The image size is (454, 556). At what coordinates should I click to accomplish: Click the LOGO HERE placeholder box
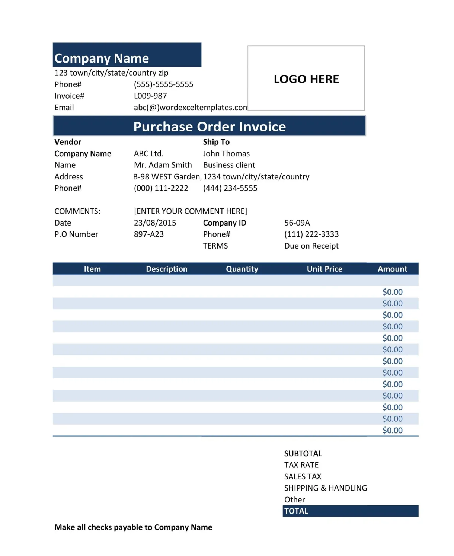tap(306, 79)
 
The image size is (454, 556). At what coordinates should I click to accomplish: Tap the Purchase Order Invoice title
tap(210, 127)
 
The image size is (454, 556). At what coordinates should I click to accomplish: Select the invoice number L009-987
tap(150, 96)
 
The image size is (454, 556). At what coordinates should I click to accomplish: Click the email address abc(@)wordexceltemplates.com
tap(190, 108)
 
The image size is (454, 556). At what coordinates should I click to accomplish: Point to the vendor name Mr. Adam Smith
tap(163, 165)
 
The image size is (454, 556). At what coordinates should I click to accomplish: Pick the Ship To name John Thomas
tap(226, 154)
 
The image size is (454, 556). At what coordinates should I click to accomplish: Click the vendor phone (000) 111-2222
tap(161, 188)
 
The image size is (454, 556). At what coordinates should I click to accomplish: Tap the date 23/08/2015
tap(155, 223)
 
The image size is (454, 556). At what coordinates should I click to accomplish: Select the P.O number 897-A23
tap(148, 234)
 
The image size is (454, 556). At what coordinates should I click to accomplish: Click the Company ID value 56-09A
tap(297, 223)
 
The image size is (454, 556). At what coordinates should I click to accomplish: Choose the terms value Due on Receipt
tap(311, 246)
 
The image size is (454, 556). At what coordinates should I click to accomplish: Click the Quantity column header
tap(242, 269)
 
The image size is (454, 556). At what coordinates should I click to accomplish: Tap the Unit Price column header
tap(324, 269)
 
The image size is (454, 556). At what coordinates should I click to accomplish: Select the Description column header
tap(166, 269)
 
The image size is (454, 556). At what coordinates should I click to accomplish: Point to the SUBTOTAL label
tap(303, 454)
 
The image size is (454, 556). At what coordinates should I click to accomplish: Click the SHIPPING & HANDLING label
tap(325, 488)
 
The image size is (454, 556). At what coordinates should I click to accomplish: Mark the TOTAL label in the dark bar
tap(296, 511)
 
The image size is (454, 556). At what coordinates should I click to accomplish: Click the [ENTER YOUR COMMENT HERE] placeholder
tap(190, 211)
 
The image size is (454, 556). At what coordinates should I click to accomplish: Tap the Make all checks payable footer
tap(133, 527)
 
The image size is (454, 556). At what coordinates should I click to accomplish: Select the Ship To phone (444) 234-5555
tap(230, 188)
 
